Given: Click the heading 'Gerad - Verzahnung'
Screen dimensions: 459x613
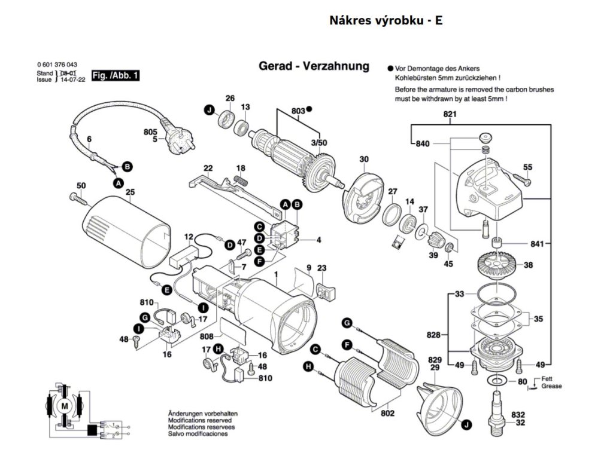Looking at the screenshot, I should coord(314,66).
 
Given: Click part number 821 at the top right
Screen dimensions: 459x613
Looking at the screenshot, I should coord(450,114).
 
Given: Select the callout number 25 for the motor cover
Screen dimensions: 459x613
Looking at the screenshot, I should coord(130,192).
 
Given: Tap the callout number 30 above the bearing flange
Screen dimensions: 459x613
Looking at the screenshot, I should coord(363,159).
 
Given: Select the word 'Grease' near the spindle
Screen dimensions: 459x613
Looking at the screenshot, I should coord(551,386).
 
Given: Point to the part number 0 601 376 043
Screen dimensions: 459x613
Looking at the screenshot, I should coord(57,65).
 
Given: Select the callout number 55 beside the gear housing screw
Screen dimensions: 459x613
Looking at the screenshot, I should coord(527,167).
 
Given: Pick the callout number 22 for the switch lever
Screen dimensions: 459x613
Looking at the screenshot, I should coord(208,167).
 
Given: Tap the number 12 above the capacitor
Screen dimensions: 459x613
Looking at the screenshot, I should coord(189,237).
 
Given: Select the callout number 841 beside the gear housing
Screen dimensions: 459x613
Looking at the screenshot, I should coord(536,243).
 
